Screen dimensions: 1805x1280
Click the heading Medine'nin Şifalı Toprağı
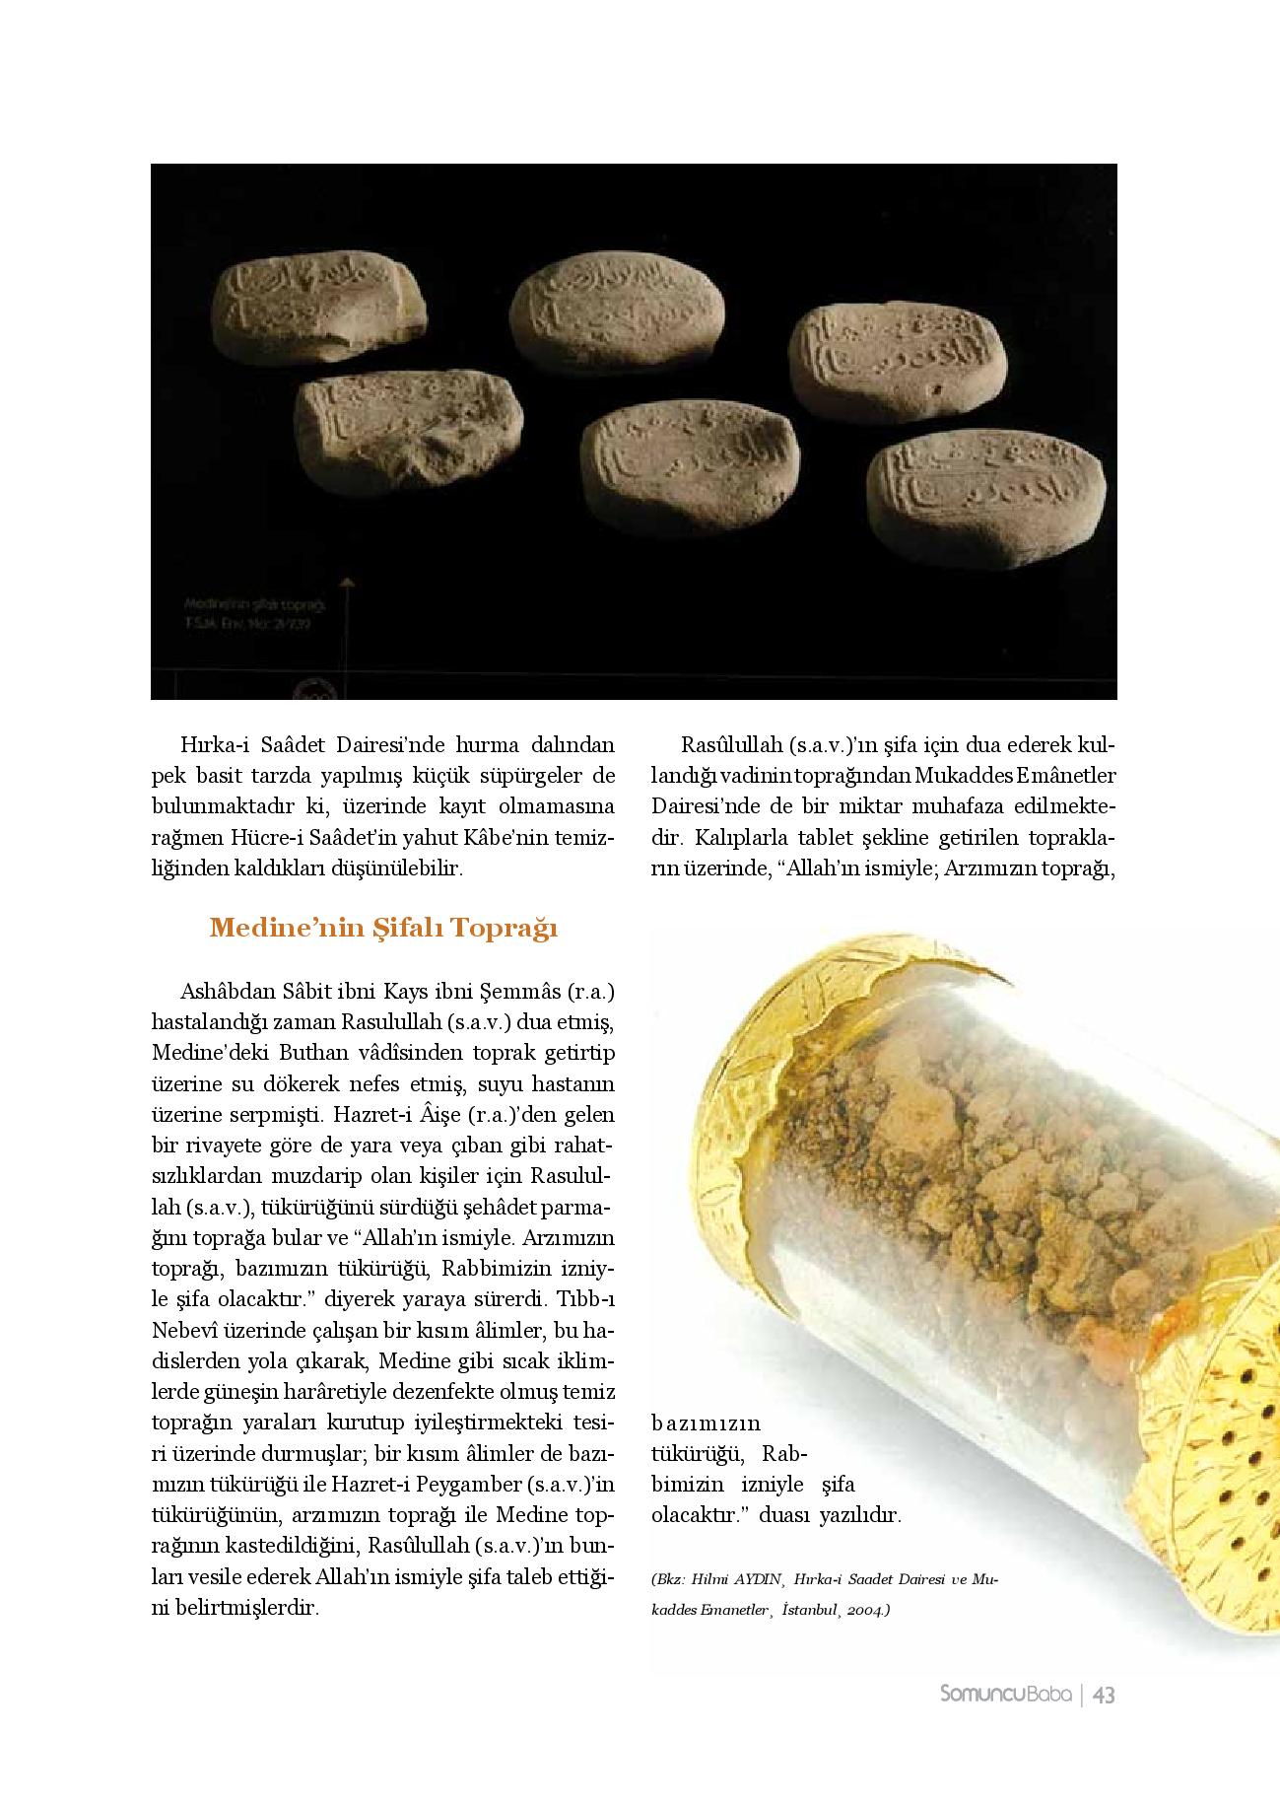[x=383, y=929]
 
